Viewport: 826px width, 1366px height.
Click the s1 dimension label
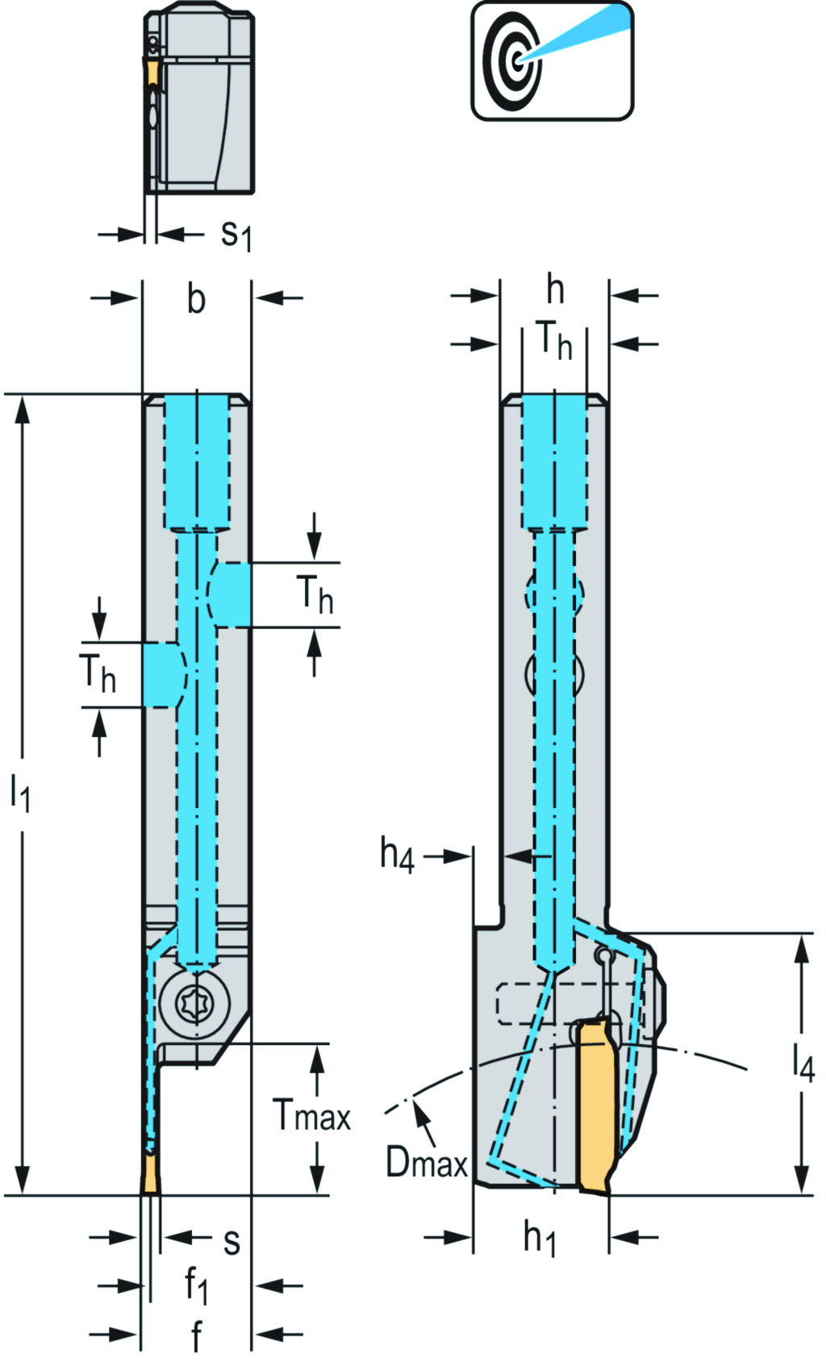click(x=236, y=235)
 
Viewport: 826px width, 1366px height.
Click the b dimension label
click(x=196, y=299)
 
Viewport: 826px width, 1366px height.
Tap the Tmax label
click(x=312, y=1116)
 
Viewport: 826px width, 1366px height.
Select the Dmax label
click(x=426, y=1162)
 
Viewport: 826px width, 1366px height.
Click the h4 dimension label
click(x=397, y=854)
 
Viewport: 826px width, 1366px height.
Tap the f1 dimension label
click(x=196, y=1285)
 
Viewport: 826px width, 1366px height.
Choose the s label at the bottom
click(x=232, y=1242)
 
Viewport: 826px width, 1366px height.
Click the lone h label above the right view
click(x=555, y=289)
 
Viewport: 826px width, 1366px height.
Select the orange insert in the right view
click(x=598, y=1105)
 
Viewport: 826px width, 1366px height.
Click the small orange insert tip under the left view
click(x=151, y=1176)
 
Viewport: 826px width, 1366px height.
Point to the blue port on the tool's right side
click(x=231, y=594)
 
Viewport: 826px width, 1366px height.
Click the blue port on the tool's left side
click(x=163, y=675)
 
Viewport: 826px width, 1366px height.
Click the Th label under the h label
click(x=554, y=340)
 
